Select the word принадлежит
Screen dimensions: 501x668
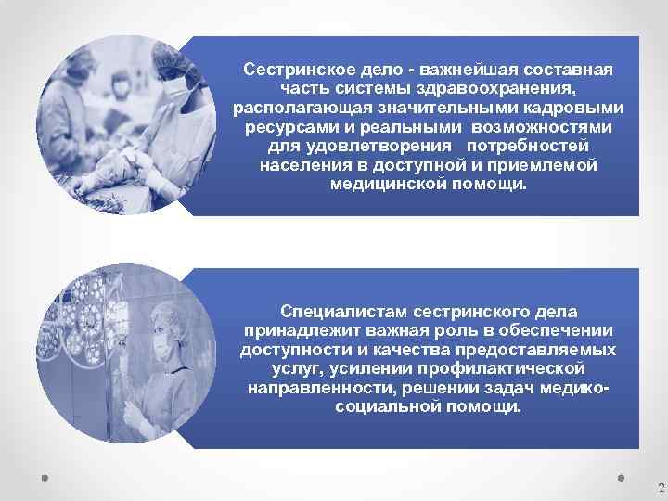click(x=293, y=331)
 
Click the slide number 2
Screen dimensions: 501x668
click(x=661, y=487)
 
